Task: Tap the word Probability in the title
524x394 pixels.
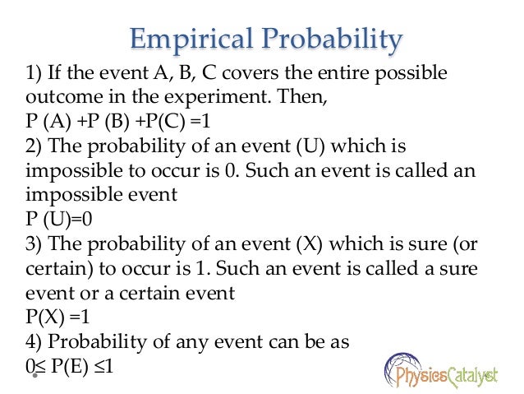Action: point(333,39)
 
